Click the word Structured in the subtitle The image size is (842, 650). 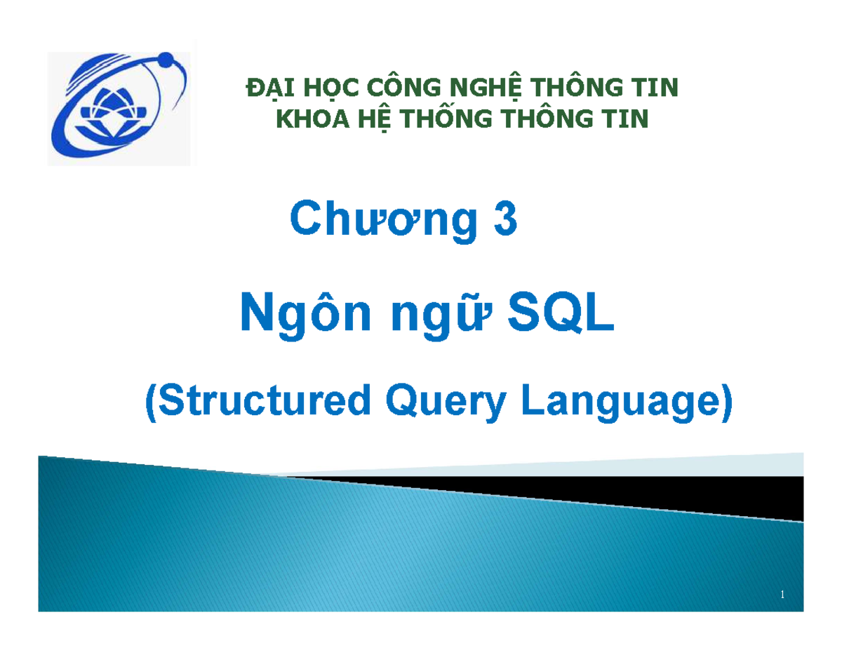258,405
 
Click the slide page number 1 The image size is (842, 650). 782,595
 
